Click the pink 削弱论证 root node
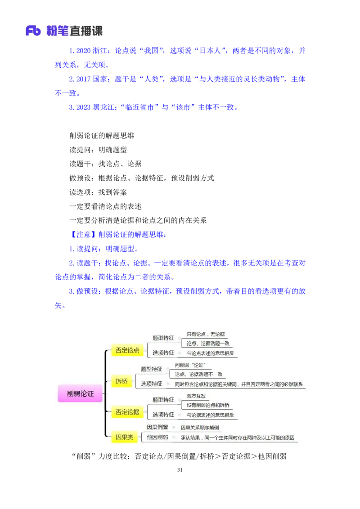pos(80,393)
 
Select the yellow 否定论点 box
pos(127,350)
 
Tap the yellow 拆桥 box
pos(121,382)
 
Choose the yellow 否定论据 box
pos(127,411)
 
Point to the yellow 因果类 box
pos(124,437)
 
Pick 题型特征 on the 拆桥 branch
pos(151,369)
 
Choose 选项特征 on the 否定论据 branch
pos(163,415)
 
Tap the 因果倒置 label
pos(157,427)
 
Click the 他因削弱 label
pos(157,437)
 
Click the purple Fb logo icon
pos(33,31)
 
